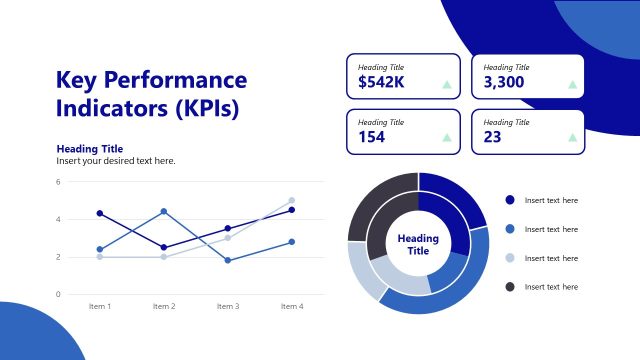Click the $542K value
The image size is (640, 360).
381,82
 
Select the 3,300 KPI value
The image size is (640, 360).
504,82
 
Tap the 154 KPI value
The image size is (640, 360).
371,137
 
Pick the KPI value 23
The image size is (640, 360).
492,137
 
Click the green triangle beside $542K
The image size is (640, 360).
447,84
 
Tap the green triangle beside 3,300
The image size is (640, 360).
572,84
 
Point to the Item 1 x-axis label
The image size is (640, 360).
100,306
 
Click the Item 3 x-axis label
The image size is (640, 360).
228,306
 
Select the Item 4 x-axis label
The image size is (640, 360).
292,306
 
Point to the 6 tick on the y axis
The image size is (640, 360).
58,182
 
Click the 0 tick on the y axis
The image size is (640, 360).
58,294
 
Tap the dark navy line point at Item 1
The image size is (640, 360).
100,213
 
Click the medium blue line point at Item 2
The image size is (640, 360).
164,212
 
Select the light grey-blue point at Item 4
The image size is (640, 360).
292,200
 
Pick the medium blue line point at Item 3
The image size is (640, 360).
228,260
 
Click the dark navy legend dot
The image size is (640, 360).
510,200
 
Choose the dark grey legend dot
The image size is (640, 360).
510,287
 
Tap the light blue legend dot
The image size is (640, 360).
510,258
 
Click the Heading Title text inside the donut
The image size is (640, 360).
418,244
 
